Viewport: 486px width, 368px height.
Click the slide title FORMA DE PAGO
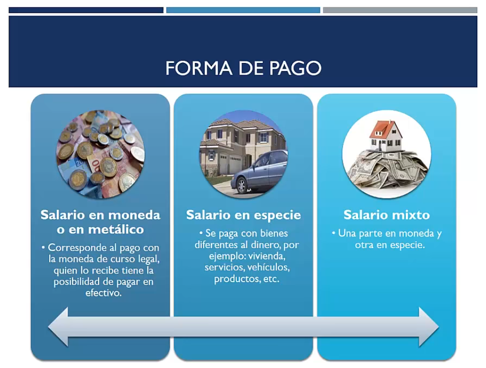pyautogui.click(x=243, y=68)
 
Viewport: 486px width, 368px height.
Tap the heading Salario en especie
pyautogui.click(x=243, y=215)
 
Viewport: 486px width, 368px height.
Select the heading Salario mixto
pyautogui.click(x=386, y=215)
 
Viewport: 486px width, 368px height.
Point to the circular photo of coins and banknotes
pyautogui.click(x=101, y=154)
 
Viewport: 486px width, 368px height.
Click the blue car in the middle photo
pyautogui.click(x=260, y=171)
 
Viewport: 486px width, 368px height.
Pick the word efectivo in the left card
pyautogui.click(x=103, y=293)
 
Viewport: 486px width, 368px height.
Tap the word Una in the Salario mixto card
pyautogui.click(x=347, y=233)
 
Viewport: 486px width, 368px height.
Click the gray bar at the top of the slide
pyautogui.click(x=400, y=10)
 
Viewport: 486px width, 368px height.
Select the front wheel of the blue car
pyautogui.click(x=241, y=186)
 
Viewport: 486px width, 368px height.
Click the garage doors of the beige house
pyautogui.click(x=230, y=163)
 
